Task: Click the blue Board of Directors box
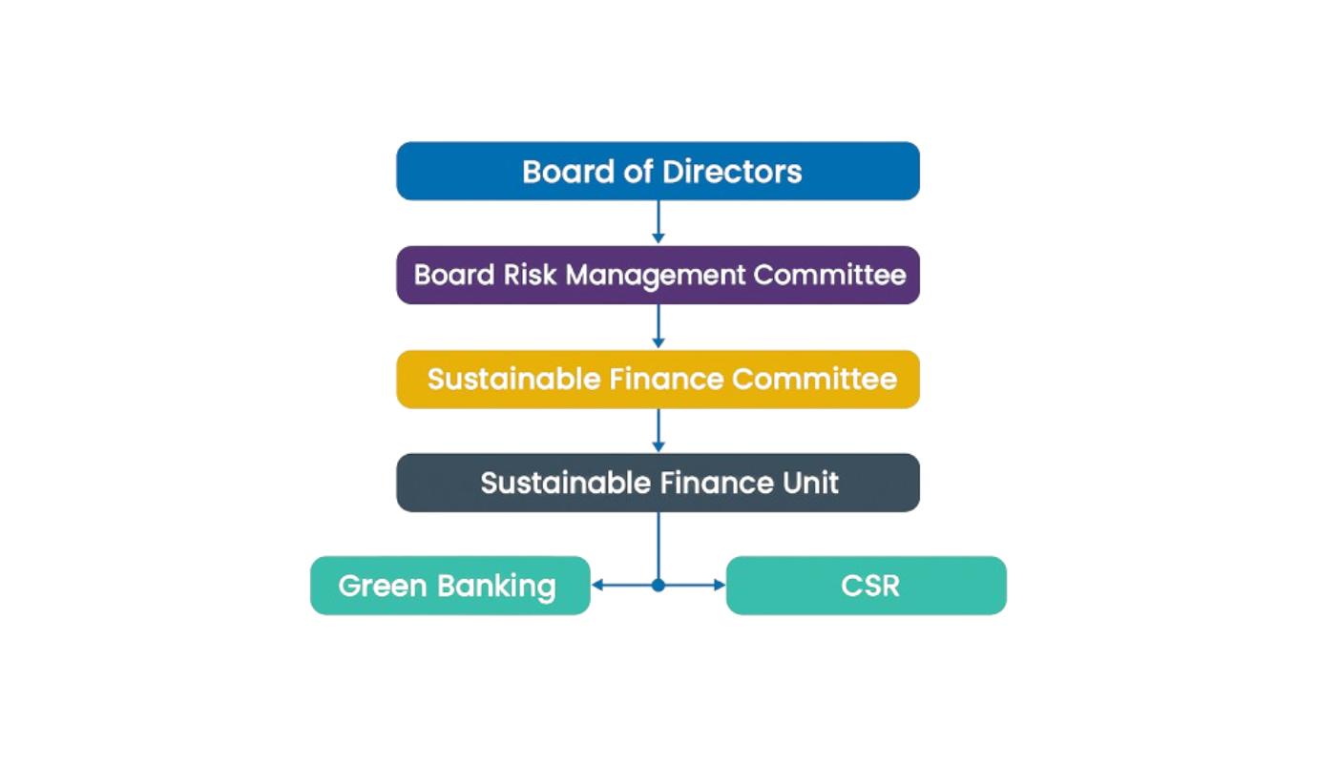pos(658,172)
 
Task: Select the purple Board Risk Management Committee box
pos(658,276)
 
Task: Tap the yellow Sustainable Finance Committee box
pos(658,380)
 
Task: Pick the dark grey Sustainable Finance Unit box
pos(658,483)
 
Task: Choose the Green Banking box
pos(450,586)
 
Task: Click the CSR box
pos(866,586)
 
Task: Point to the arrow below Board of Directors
pos(658,223)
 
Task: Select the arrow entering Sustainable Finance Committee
pos(658,327)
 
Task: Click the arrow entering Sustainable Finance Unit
pos(658,431)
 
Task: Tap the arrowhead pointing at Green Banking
pos(598,586)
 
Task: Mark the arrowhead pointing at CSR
pos(719,586)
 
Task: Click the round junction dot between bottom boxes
pos(658,586)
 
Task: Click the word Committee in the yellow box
pos(814,380)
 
